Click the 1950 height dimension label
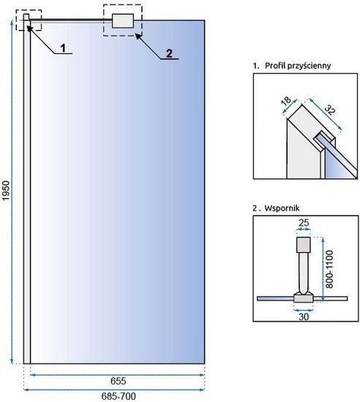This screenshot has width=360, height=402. coord(5,191)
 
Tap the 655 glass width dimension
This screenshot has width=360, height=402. coord(118,381)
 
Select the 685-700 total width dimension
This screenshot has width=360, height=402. coord(119,396)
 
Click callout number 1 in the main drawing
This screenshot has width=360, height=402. coord(63,48)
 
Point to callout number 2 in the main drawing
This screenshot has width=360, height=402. coord(169,53)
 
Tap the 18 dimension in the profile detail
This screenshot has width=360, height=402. coord(286,100)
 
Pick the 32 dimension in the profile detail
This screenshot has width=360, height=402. coord(330,110)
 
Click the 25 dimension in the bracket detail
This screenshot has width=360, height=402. coord(304,223)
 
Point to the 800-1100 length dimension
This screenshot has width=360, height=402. coord(329,269)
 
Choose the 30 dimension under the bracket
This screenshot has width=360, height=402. coord(304,317)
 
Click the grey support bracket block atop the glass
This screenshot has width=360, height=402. coord(123,20)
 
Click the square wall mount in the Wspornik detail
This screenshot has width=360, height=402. coord(304,245)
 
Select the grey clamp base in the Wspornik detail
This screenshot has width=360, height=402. coord(304,297)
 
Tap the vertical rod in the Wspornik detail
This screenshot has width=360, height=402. coord(304,273)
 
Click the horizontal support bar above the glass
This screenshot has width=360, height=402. coord(70,19)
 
